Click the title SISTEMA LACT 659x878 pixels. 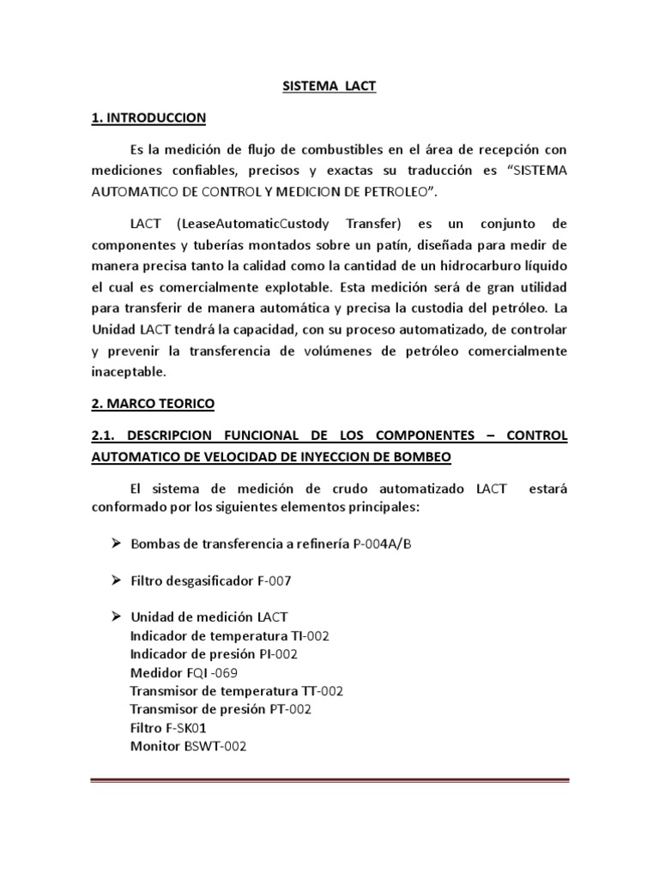click(x=329, y=87)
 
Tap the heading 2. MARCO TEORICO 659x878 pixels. click(x=154, y=403)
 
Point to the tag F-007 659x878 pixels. click(x=274, y=580)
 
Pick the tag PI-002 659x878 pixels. click(x=279, y=653)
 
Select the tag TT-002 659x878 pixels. click(x=318, y=690)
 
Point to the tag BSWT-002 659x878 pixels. click(x=215, y=746)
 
